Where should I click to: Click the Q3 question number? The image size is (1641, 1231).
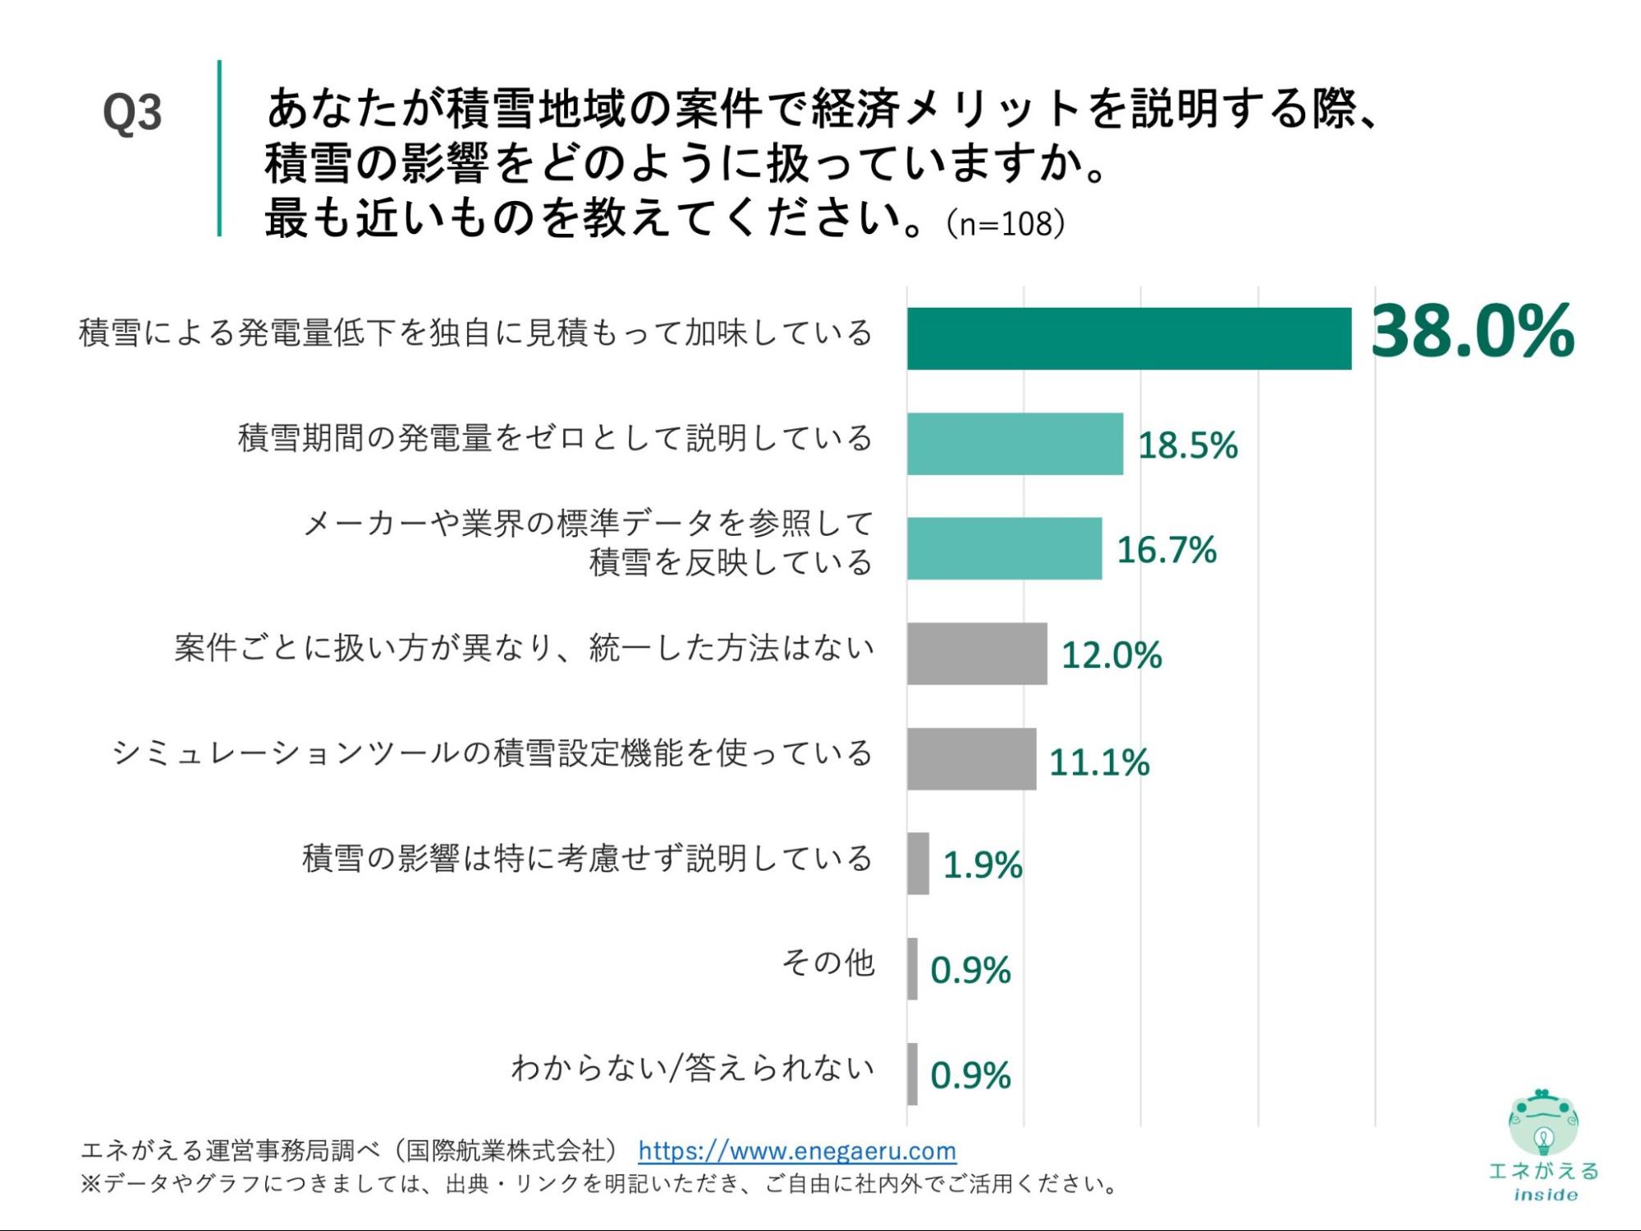[x=132, y=113]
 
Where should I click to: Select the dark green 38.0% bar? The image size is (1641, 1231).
[x=1129, y=338]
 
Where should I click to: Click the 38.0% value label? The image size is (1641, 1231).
[x=1473, y=331]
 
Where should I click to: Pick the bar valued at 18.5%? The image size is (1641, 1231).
[x=1015, y=443]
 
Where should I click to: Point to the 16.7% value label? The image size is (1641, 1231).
[x=1167, y=549]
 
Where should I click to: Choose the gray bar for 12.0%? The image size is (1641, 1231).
[x=977, y=653]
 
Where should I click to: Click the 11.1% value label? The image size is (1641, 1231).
[x=1099, y=762]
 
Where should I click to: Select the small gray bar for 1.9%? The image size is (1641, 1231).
[x=918, y=863]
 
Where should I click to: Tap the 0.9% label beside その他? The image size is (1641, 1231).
[x=970, y=970]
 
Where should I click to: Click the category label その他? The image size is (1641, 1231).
[x=827, y=963]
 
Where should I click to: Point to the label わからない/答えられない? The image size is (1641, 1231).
[x=692, y=1068]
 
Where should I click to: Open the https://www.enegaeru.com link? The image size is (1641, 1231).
[x=797, y=1151]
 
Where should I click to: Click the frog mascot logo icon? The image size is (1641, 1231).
[x=1542, y=1121]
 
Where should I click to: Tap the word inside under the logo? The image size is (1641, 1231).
[x=1545, y=1195]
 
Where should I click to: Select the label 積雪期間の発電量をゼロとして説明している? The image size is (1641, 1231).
[x=555, y=437]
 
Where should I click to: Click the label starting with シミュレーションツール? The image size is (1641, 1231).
[x=492, y=753]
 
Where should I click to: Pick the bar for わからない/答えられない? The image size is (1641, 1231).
[x=912, y=1073]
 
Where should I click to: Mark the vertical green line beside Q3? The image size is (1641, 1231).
[x=219, y=148]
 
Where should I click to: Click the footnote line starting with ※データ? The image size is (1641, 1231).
[x=599, y=1183]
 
